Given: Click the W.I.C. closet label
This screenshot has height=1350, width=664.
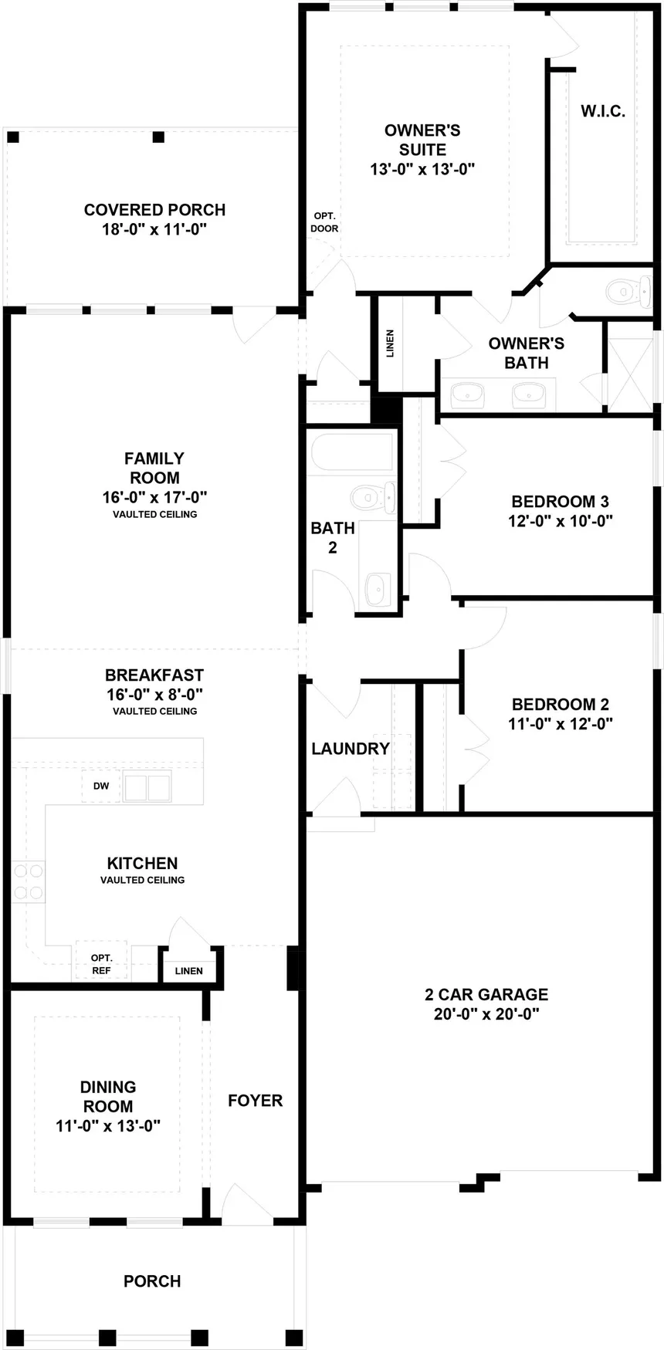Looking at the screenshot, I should pos(602,111).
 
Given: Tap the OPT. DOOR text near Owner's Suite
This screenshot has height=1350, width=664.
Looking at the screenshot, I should pos(324,222).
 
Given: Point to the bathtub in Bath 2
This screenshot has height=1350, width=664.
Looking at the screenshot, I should pos(352,453).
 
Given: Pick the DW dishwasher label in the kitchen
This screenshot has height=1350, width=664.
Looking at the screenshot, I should pos(101,786).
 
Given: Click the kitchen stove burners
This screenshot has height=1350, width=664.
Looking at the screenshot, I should pos(29,882).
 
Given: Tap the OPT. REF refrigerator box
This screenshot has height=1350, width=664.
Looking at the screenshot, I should pos(101,964).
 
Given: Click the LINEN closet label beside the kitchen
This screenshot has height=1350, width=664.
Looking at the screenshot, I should pos(188,971).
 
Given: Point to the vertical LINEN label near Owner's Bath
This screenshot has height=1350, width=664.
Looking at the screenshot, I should pos(390,343).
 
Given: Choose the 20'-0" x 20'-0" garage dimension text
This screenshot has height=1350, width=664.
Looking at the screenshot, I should pos(486,1013).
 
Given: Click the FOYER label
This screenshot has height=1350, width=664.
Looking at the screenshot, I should pos(255,1101).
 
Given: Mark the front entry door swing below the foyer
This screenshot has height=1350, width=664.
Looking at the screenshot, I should pos(246,1205).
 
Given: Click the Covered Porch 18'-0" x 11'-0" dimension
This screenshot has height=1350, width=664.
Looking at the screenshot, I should pos(154,229).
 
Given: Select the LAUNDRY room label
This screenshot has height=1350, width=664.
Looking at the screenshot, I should pos(351,748).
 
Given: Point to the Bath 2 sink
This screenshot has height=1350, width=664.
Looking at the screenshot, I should pos(378,589).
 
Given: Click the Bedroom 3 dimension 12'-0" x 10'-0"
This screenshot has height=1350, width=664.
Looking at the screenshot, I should pos(560,520).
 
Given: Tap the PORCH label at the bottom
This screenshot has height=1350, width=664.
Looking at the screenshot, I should pos(152,1281).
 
